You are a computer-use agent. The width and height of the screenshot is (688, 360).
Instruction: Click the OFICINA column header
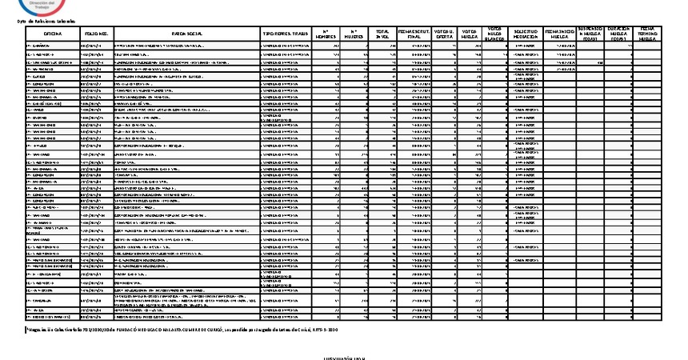53,35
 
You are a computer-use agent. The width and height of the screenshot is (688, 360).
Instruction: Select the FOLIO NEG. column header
96,35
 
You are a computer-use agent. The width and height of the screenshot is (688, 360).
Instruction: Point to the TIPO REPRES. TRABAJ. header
286,35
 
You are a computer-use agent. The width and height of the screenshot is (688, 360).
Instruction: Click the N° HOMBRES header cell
326,34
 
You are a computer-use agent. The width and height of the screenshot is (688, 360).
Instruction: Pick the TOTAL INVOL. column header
383,34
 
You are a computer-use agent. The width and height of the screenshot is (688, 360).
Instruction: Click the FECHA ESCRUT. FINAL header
414,34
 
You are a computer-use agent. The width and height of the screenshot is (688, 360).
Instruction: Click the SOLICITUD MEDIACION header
524,34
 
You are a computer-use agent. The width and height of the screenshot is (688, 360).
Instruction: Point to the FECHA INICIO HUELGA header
559,34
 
